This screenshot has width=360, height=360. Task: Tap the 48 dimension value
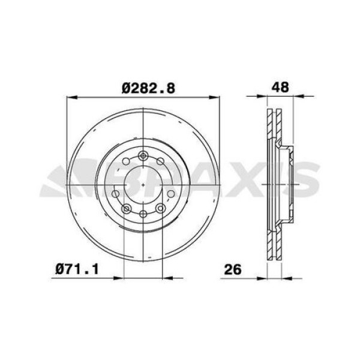[281, 86]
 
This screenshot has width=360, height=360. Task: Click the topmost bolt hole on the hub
[143, 157]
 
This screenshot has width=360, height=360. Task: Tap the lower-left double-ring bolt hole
[127, 208]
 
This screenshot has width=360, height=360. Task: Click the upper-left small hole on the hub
[127, 162]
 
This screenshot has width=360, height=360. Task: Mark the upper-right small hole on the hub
[160, 162]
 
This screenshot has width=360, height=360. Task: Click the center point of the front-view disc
[143, 185]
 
